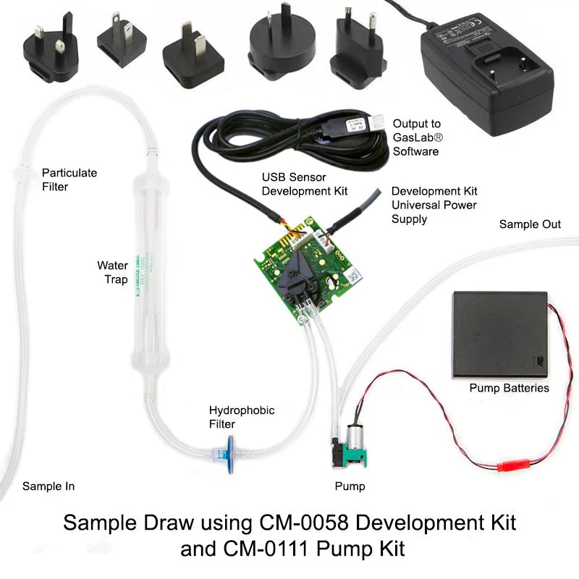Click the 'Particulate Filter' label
click(69, 180)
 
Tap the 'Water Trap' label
click(112, 272)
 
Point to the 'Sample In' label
click(48, 486)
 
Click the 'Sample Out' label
click(530, 224)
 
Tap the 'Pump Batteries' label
click(509, 388)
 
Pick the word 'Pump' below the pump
click(350, 486)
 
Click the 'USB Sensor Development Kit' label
click(305, 185)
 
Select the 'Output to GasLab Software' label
click(416, 138)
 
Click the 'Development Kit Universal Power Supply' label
click(434, 205)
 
